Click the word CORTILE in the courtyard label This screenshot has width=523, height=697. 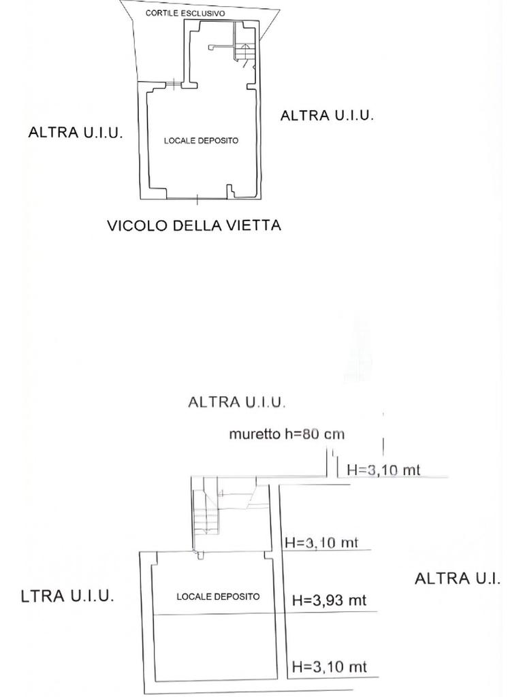pos(162,14)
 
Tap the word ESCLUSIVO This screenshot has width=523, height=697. pos(203,14)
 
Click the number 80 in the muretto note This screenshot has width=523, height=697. pos(311,434)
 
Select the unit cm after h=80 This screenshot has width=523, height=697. pos(334,434)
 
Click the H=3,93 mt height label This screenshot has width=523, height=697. pos(329,600)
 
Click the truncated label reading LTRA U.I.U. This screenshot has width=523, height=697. pos(67,596)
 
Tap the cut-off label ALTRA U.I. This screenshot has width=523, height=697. pos(457,579)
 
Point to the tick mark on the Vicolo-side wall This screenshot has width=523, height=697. pos(197,199)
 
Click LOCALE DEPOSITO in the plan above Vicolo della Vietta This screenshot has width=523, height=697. pos(201,141)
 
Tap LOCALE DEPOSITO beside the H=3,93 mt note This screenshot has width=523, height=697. pos(218,596)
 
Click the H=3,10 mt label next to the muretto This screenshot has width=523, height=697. pos(383,470)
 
